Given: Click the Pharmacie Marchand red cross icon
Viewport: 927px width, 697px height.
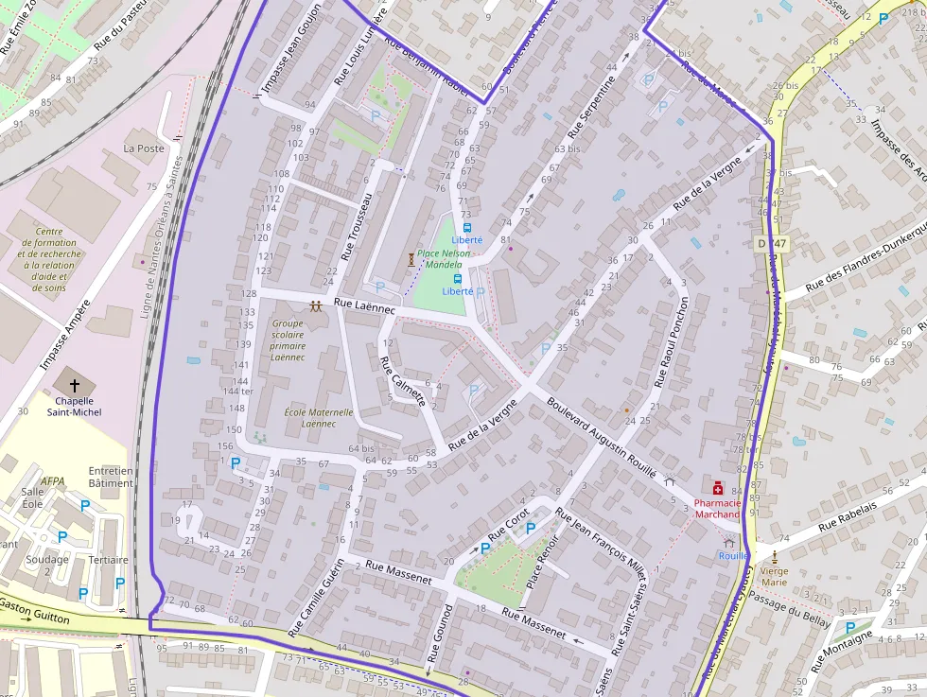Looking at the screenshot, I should (x=718, y=488).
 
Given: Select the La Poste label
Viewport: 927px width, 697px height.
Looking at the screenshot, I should (x=144, y=148).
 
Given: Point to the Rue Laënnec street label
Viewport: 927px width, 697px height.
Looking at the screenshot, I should (x=364, y=305).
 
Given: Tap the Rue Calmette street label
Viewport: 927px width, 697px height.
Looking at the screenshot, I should (x=402, y=380).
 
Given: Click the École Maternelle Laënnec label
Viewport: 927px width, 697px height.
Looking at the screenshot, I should (x=319, y=418).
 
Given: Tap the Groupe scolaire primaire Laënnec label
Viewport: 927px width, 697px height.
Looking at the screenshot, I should (x=288, y=340).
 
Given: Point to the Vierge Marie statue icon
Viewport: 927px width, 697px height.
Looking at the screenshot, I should (x=775, y=557).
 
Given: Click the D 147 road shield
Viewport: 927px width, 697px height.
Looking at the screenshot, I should (x=772, y=243).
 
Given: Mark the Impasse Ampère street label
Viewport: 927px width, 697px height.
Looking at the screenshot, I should (x=65, y=335).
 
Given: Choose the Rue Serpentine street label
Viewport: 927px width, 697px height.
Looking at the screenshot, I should (x=591, y=108).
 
